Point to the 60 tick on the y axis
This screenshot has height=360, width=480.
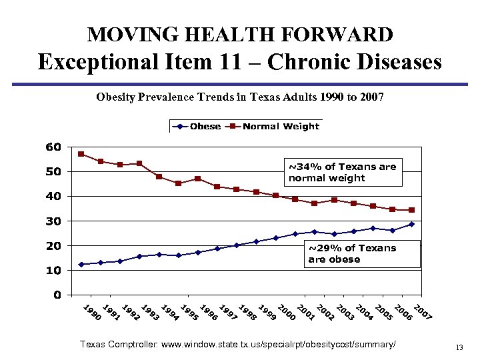tap(54, 147)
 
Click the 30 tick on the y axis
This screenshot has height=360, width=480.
tap(54, 221)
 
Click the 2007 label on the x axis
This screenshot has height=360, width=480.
tap(422, 312)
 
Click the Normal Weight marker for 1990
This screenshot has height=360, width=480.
tap(81, 154)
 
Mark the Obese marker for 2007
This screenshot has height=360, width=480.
tap(411, 224)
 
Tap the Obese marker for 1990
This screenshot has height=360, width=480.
tap(81, 265)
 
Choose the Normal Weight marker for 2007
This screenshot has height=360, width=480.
tap(411, 210)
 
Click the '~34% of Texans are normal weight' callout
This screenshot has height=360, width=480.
tap(342, 172)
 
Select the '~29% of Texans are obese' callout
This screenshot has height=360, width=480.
tap(363, 254)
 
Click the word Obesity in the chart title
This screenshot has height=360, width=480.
tap(117, 97)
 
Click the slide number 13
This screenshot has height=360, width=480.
tap(459, 347)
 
